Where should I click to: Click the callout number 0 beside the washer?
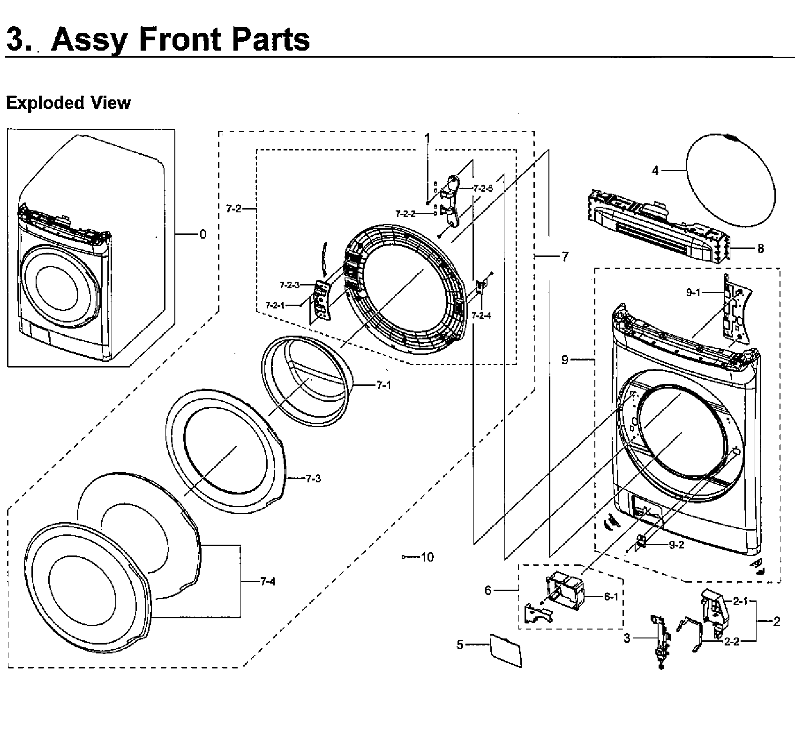[x=202, y=234]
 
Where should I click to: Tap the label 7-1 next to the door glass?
[x=383, y=385]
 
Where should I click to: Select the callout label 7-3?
[x=313, y=479]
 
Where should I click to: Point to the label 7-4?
[x=268, y=582]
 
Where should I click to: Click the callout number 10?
[x=427, y=557]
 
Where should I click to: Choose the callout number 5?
[x=460, y=645]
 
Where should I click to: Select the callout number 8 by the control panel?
[x=760, y=248]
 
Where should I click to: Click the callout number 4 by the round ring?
[x=655, y=171]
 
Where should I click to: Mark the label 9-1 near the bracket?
[x=693, y=292]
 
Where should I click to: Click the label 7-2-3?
[x=289, y=285]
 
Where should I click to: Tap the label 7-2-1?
[x=275, y=305]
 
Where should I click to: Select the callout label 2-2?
[x=731, y=642]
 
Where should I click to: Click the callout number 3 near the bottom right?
[x=627, y=638]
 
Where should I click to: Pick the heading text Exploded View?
[x=68, y=103]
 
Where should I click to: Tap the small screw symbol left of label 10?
[x=404, y=557]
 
